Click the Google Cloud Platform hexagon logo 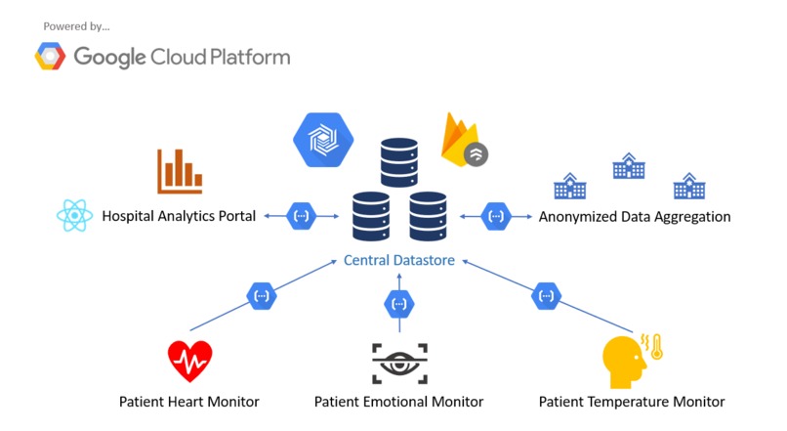(x=51, y=57)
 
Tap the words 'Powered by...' (x=77, y=26)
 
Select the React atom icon (x=74, y=216)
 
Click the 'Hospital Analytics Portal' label (x=179, y=216)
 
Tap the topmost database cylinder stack (x=399, y=160)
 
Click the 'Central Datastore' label (x=399, y=261)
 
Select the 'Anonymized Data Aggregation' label (x=634, y=216)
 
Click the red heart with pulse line (x=189, y=361)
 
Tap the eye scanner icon (x=398, y=364)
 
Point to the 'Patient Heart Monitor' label (x=189, y=402)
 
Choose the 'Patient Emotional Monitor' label (x=398, y=402)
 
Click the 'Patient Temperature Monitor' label (x=632, y=402)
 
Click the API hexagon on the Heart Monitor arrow (x=261, y=295)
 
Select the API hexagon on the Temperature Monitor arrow (x=545, y=295)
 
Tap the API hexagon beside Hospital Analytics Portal (x=302, y=215)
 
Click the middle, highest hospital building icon (x=628, y=166)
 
